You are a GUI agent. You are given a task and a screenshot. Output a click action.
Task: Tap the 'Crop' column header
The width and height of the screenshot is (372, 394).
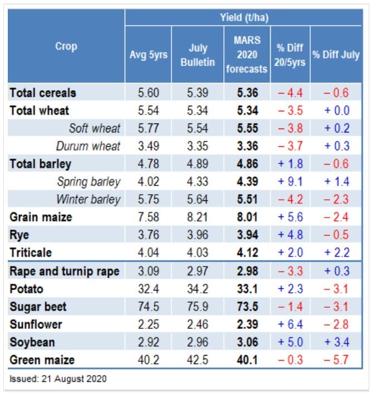coord(66,47)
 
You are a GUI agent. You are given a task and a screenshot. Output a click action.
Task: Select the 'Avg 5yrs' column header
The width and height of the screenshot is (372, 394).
coord(148,55)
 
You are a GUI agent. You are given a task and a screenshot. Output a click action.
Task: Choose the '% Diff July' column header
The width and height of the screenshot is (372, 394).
coord(336,55)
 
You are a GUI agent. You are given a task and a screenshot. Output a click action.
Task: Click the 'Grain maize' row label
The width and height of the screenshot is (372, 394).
coord(41,217)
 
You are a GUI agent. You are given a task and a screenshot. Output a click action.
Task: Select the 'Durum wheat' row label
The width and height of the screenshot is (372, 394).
coord(88,146)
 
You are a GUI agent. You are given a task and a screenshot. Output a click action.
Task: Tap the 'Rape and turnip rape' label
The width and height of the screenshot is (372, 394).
coord(64,271)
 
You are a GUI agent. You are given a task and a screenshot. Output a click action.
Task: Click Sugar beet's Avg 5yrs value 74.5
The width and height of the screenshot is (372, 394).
coord(148,307)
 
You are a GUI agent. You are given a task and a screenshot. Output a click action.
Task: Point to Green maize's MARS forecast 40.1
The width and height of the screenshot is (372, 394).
coord(247,360)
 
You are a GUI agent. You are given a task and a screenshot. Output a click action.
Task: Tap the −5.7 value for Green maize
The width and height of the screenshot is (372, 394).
coord(336,360)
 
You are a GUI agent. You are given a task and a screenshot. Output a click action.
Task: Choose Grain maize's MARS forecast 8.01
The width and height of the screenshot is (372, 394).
coord(247,217)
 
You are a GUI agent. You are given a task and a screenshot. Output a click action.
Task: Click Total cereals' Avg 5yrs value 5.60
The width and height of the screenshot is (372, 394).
coord(148,93)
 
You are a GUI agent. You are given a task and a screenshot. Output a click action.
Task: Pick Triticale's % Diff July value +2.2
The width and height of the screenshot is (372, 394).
coord(336,253)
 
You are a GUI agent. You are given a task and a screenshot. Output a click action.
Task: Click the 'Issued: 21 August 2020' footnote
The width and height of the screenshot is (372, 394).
coord(58,379)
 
